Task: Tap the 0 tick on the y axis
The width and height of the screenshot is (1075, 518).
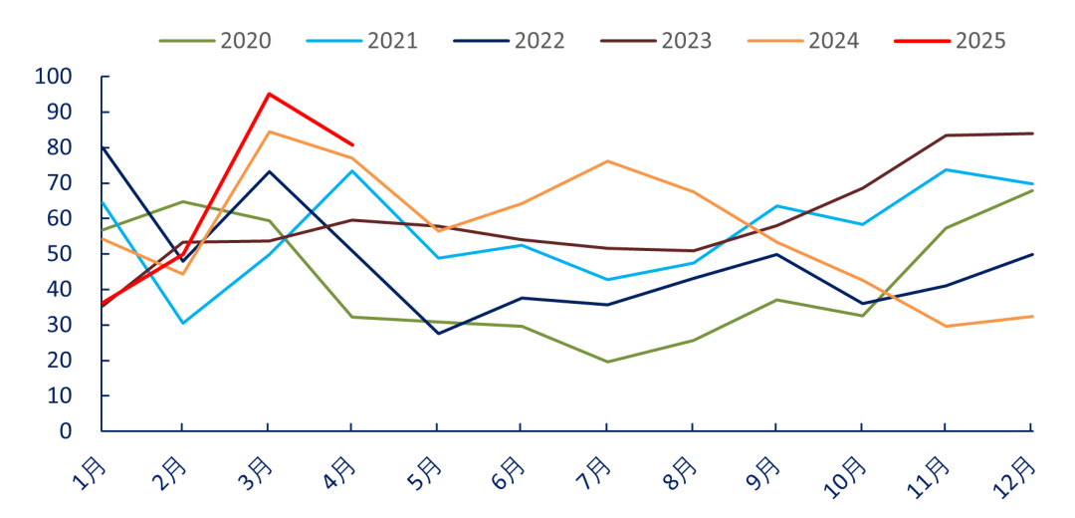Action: pos(67,431)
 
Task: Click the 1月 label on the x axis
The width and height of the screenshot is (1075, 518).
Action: pos(90,470)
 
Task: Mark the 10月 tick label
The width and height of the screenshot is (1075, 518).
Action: pos(845,474)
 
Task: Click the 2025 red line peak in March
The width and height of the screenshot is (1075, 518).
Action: pos(269,94)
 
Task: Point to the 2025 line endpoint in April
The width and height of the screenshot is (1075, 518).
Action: pos(352,144)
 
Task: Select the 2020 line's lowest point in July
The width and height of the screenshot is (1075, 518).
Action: pos(606,362)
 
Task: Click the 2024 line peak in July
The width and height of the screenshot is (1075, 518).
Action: pos(606,161)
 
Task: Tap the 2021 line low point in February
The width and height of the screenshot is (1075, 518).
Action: pos(183,323)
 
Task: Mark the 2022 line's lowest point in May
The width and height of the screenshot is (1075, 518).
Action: pos(437,333)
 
